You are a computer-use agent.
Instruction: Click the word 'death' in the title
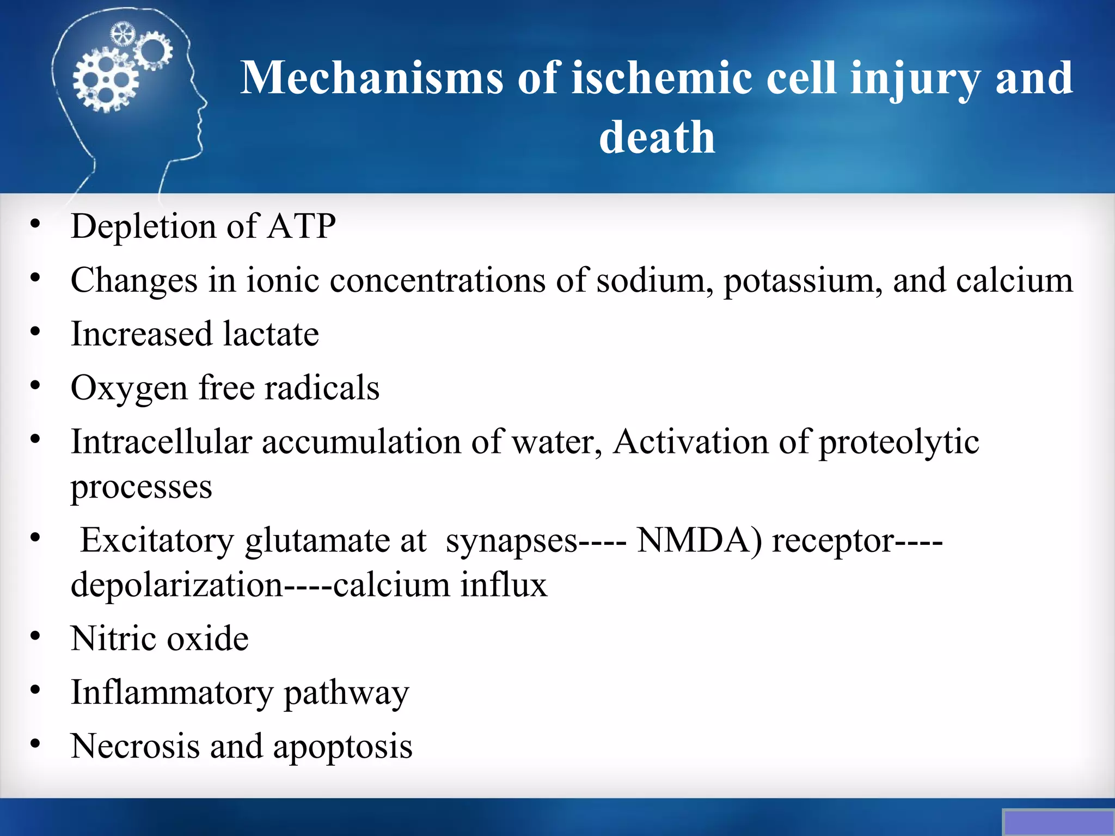(657, 137)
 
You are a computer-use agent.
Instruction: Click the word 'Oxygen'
(129, 389)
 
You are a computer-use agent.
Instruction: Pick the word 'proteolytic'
(899, 442)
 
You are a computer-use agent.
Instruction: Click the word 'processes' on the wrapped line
(141, 487)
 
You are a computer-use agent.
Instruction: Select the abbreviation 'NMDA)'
(699, 540)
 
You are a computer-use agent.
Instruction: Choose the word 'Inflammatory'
(172, 693)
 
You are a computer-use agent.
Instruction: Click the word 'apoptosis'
(342, 747)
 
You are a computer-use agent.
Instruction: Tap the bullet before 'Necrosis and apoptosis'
(35, 743)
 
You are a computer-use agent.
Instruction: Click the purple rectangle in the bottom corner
(1058, 822)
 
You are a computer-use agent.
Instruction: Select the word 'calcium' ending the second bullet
(1014, 281)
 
